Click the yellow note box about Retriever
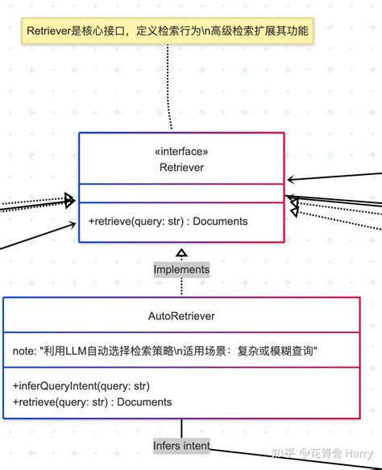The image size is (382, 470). pos(168,31)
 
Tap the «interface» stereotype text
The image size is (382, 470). pos(181,152)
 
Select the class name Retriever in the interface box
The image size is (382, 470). pos(181,167)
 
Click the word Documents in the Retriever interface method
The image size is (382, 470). pos(220,221)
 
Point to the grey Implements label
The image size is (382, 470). pos(181,269)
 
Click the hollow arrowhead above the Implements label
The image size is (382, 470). pos(181,253)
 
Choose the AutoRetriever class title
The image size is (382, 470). pos(181,316)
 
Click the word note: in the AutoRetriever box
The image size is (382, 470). pos(24,351)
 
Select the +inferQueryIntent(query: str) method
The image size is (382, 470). pos(81,386)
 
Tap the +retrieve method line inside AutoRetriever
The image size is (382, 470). pos(93,402)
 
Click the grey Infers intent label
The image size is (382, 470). pos(181,446)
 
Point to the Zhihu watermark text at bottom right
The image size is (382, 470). pos(322,453)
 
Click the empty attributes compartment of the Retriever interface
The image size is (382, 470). pos(181,193)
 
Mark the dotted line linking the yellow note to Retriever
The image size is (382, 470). pos(169,87)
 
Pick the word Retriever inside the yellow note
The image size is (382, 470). pos(48,31)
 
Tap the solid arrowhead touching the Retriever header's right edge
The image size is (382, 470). pos(290,180)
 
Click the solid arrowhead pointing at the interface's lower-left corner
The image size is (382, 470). pos(73,224)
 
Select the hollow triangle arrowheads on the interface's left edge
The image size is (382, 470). pos(69,200)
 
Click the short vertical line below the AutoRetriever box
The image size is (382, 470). pos(181,428)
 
